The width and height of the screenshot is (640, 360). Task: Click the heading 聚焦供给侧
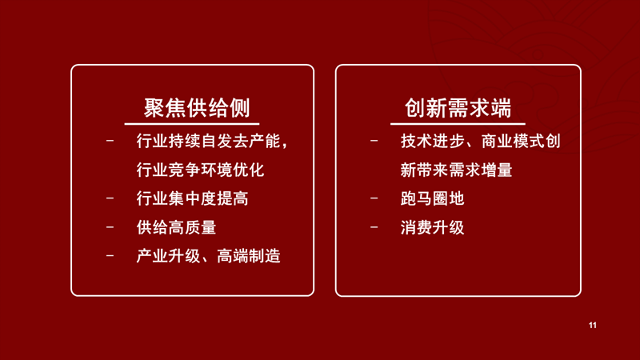pyautogui.click(x=197, y=108)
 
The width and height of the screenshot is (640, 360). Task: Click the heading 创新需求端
pyautogui.click(x=458, y=108)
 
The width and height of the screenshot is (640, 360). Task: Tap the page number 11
pyautogui.click(x=593, y=326)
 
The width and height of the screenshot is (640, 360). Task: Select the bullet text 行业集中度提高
pyautogui.click(x=192, y=198)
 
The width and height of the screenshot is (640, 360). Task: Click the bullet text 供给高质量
pyautogui.click(x=176, y=227)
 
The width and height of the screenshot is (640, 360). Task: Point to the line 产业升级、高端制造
pyautogui.click(x=208, y=256)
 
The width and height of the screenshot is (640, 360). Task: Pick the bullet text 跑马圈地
pyautogui.click(x=432, y=198)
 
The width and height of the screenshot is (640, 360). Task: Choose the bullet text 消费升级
pyautogui.click(x=432, y=227)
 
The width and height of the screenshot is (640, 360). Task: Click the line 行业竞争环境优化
pyautogui.click(x=200, y=170)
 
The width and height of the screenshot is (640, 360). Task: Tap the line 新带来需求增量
pyautogui.click(x=456, y=170)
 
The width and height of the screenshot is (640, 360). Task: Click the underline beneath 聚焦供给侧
pyautogui.click(x=192, y=124)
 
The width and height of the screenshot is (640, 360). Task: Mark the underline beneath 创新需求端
pyautogui.click(x=458, y=124)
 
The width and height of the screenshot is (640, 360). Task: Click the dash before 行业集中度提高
pyautogui.click(x=110, y=198)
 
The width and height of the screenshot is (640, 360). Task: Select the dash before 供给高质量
pyautogui.click(x=110, y=227)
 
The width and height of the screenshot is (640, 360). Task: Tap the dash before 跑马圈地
pyautogui.click(x=374, y=198)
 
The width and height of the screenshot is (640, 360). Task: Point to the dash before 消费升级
pyautogui.click(x=374, y=227)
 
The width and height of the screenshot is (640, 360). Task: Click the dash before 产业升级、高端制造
pyautogui.click(x=110, y=256)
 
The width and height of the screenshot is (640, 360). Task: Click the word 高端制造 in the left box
pyautogui.click(x=249, y=256)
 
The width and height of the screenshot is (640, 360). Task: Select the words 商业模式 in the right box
pyautogui.click(x=513, y=142)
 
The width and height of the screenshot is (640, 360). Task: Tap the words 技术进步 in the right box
pyautogui.click(x=432, y=142)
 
